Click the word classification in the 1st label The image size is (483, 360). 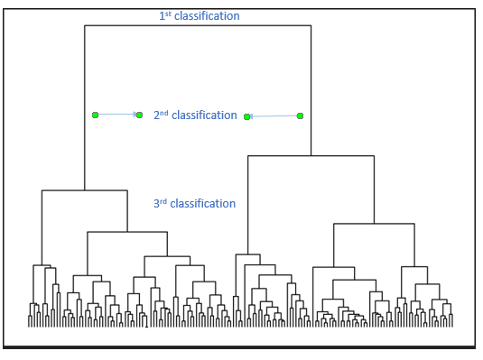[207, 16]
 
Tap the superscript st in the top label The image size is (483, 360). [167, 13]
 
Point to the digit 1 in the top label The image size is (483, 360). [161, 16]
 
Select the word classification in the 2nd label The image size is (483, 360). [203, 115]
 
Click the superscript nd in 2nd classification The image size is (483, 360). [163, 112]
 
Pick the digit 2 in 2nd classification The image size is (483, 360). [156, 115]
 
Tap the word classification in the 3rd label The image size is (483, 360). [202, 204]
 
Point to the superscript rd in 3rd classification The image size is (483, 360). [163, 200]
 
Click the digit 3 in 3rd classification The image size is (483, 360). [156, 204]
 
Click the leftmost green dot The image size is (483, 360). [95, 115]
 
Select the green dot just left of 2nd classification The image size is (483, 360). [139, 115]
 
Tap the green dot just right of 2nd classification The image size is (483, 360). [246, 116]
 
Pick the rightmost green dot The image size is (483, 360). [300, 115]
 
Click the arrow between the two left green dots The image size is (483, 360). [117, 115]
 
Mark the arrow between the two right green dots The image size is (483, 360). [273, 116]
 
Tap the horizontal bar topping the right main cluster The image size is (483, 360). [311, 156]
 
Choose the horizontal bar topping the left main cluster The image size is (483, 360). [85, 190]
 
